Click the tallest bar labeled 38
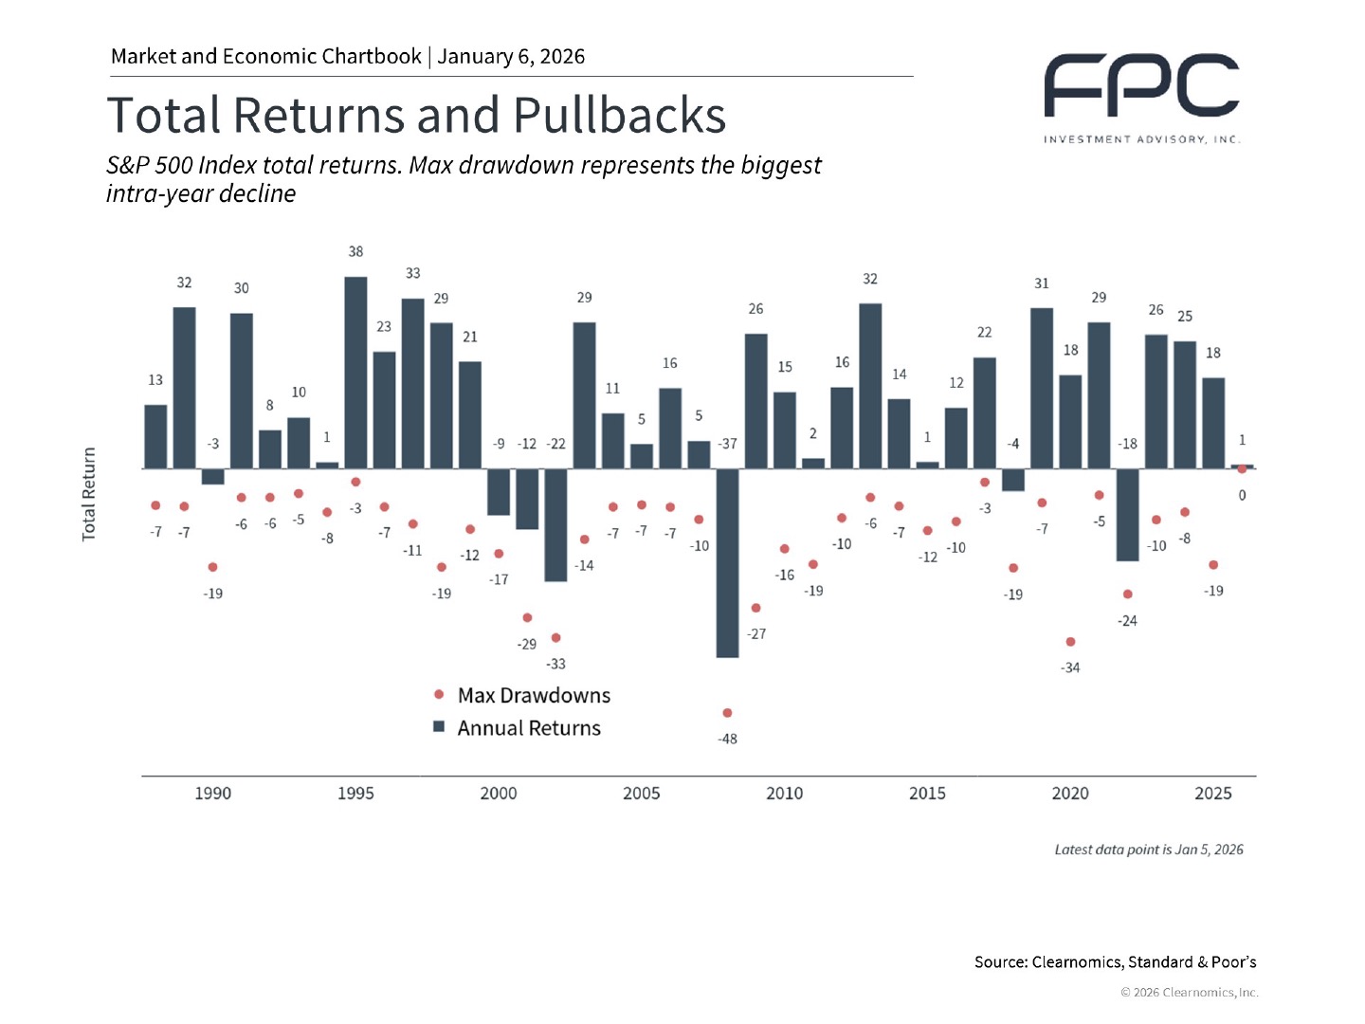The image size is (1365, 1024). [355, 372]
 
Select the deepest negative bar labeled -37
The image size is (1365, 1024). [727, 562]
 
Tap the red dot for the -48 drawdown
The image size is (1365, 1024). [727, 713]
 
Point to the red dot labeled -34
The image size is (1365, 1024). [1070, 642]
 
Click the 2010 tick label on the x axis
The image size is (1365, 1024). [784, 794]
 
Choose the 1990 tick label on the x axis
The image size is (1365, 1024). [212, 794]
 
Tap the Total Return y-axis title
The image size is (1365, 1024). [89, 494]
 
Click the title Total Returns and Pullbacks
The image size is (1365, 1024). [416, 116]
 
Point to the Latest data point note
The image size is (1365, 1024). [1148, 850]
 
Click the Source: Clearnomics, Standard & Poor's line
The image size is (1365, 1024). [1115, 962]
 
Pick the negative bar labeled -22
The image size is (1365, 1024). [555, 524]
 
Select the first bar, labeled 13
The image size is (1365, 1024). [155, 436]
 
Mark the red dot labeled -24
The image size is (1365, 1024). [1127, 594]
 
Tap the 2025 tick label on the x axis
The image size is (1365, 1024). [1212, 794]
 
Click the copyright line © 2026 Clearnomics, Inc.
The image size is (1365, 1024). [1190, 993]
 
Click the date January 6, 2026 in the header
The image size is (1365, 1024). [511, 57]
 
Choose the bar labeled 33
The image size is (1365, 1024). [412, 383]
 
